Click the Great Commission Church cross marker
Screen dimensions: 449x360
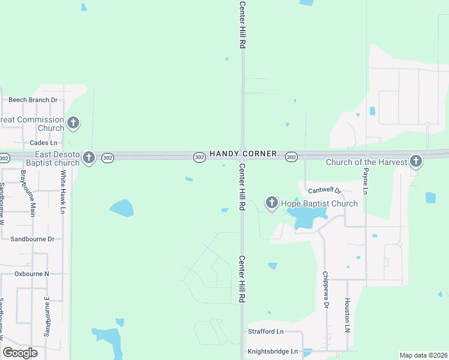pyautogui.click(x=73, y=123)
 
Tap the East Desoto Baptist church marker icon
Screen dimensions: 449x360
pyautogui.click(x=89, y=157)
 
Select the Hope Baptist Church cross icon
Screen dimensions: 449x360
pyautogui.click(x=271, y=203)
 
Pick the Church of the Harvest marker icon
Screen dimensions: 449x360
pyautogui.click(x=415, y=161)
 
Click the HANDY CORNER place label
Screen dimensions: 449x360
pyautogui.click(x=243, y=154)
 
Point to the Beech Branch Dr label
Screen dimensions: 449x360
pyautogui.click(x=33, y=100)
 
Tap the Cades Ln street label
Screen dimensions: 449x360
pyautogui.click(x=43, y=143)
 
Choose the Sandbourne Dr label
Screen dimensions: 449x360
pyautogui.click(x=32, y=239)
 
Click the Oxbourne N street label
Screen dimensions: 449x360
pyautogui.click(x=32, y=274)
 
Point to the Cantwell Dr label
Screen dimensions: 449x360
pyautogui.click(x=325, y=190)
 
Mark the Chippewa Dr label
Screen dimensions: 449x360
pyautogui.click(x=326, y=289)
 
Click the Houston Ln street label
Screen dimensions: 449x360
pyautogui.click(x=347, y=316)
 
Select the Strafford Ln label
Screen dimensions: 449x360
pyautogui.click(x=266, y=331)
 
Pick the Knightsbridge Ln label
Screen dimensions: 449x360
pyautogui.click(x=273, y=351)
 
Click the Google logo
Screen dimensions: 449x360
pyautogui.click(x=20, y=353)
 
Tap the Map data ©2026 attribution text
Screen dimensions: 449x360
pyautogui.click(x=423, y=355)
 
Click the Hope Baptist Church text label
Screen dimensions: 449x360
pyautogui.click(x=319, y=203)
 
